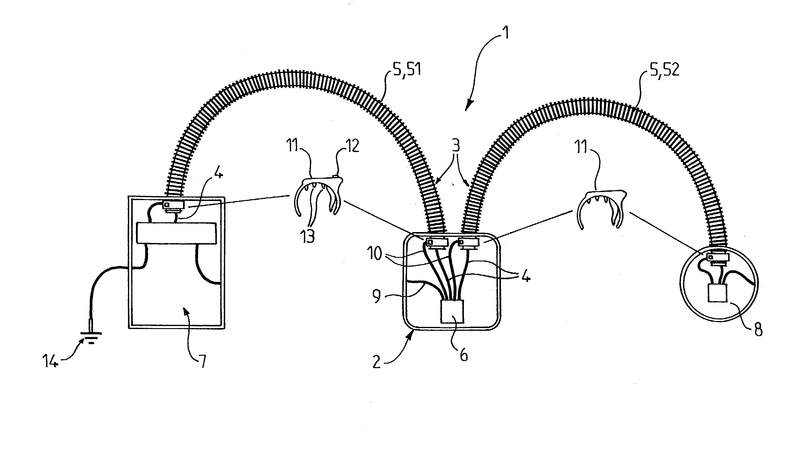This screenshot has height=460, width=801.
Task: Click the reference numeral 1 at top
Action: [x=505, y=33]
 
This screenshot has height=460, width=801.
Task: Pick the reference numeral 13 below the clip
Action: [x=308, y=236]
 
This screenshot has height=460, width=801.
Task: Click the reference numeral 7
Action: [x=202, y=361]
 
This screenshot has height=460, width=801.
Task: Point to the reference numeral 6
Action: [x=464, y=355]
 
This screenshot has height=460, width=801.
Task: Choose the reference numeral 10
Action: [x=375, y=253]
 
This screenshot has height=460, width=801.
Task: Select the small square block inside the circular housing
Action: [x=718, y=293]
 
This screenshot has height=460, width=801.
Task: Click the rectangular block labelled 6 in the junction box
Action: [x=452, y=312]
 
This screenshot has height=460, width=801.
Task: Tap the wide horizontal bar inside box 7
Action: [x=177, y=233]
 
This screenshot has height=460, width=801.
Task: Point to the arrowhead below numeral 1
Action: [x=469, y=105]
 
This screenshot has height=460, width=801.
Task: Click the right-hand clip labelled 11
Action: [x=602, y=209]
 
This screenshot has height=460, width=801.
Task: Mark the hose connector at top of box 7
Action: [x=173, y=205]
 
